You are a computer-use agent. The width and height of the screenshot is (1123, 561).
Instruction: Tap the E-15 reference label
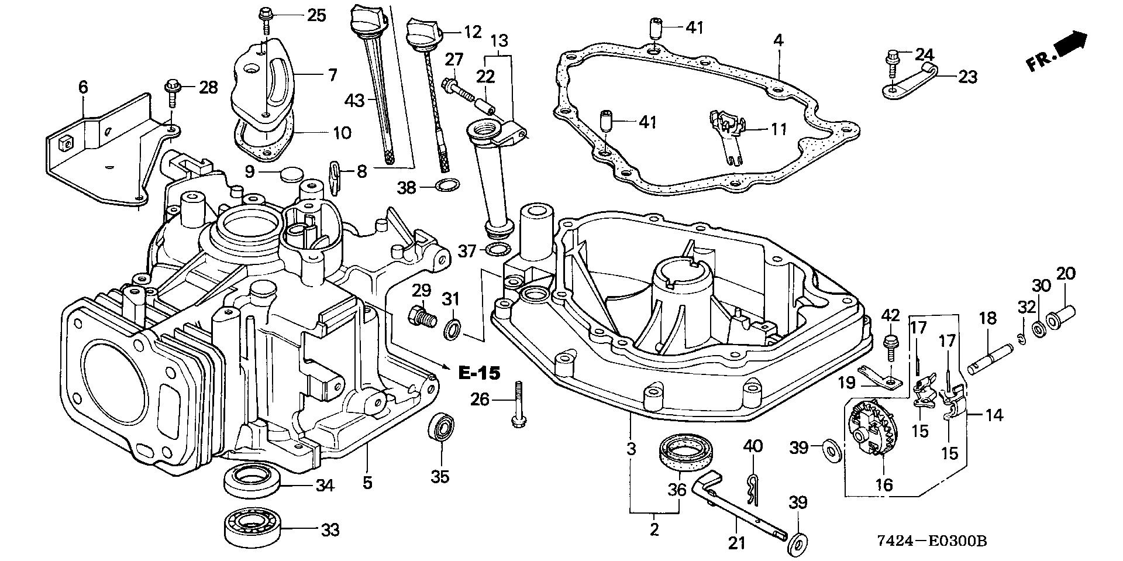coord(479,373)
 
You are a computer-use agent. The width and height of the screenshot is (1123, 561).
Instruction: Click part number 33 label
coord(330,530)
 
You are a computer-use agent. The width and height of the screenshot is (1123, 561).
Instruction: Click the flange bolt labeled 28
coord(174,91)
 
